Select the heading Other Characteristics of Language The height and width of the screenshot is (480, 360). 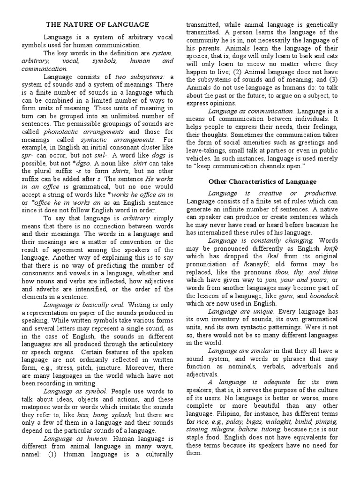click(262, 181)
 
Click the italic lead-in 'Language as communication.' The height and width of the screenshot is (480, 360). click(251, 111)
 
